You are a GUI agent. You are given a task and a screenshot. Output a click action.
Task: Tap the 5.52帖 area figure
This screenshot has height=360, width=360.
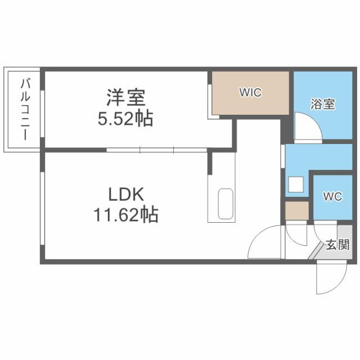tap(126, 119)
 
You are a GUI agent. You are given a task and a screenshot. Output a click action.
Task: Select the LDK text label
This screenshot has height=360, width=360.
tap(127, 195)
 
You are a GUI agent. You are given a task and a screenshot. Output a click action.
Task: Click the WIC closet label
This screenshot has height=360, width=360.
tap(250, 92)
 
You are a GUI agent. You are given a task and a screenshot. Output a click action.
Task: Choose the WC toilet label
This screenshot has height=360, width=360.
tap(332, 197)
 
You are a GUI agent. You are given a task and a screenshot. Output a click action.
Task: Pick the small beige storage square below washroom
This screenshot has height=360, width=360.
tap(296, 211)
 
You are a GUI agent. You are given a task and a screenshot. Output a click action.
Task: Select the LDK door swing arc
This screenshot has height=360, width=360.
tap(264, 242)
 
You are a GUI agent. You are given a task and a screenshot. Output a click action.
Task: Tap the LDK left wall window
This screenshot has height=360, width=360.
tap(42, 205)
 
